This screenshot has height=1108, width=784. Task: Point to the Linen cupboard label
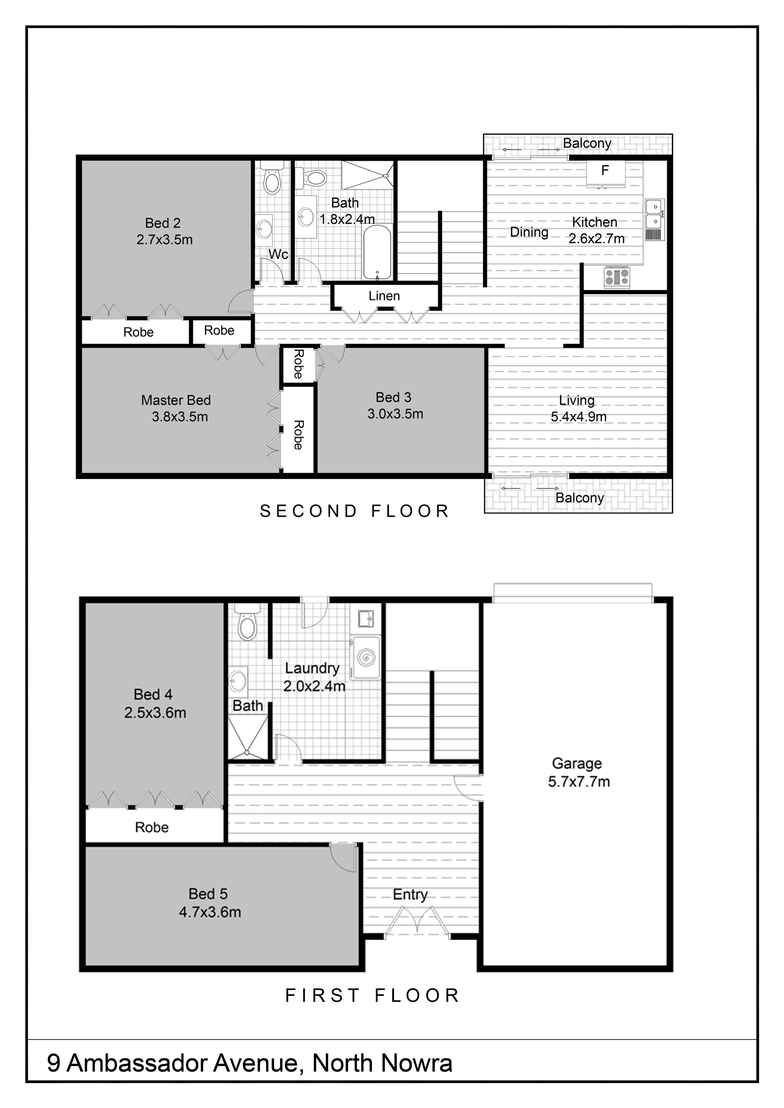pos(384,296)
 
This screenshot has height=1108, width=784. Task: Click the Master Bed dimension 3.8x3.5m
pos(180,417)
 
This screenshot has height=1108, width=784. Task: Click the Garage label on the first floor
pos(577,763)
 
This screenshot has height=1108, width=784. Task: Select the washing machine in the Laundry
pos(365,658)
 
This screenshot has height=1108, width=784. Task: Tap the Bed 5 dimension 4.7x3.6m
pos(210,912)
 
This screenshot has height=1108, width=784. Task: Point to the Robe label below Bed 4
pos(152,827)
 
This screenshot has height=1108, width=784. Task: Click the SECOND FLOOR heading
pos(355,511)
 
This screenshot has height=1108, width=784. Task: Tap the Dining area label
pos(529,232)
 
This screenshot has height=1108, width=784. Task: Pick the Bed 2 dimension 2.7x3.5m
pos(165,240)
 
